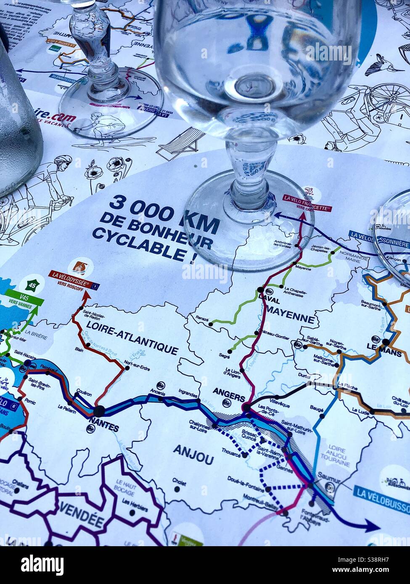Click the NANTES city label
pyautogui.click(x=104, y=428)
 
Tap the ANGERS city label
pyautogui.click(x=229, y=392)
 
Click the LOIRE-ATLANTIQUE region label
pyautogui.click(x=132, y=337)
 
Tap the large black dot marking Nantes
pyautogui.click(x=99, y=411)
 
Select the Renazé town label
pyautogui.click(x=202, y=318)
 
